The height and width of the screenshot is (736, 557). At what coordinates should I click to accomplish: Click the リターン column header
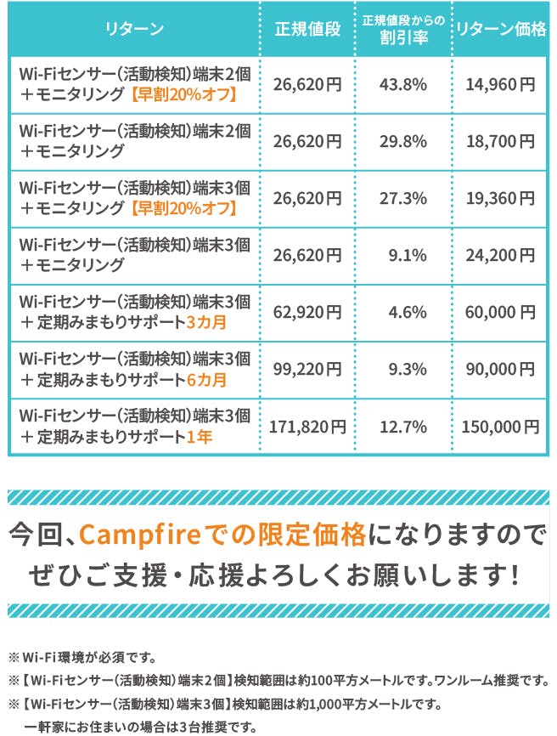[x=135, y=30]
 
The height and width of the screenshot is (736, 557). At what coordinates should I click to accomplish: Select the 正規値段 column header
[x=307, y=30]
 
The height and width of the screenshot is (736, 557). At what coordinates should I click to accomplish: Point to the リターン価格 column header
[x=501, y=30]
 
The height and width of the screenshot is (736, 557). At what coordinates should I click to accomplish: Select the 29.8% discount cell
[x=403, y=141]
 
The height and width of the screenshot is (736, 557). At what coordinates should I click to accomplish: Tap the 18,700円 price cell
[x=501, y=141]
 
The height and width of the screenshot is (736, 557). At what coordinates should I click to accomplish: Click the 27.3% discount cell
[x=403, y=198]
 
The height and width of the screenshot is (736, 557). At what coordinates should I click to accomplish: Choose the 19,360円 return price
[x=501, y=198]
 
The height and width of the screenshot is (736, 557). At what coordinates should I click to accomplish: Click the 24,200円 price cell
[x=501, y=254]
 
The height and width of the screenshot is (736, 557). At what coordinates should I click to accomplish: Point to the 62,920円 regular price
[x=307, y=311]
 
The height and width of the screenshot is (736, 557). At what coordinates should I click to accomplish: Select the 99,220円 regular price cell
[x=307, y=368]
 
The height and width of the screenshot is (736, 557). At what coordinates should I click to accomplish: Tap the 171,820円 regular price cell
[x=307, y=426]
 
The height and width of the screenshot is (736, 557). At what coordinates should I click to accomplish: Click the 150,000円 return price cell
[x=501, y=426]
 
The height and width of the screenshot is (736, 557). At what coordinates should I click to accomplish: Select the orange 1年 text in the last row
[x=200, y=437]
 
